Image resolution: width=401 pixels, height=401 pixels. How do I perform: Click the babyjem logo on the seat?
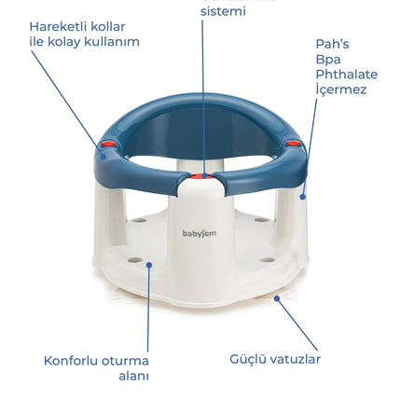tap(200, 234)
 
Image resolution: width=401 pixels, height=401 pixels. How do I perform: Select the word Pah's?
tap(332, 44)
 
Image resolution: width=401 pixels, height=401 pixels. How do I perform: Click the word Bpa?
tap(328, 60)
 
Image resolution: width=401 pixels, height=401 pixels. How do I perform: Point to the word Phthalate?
tap(347, 75)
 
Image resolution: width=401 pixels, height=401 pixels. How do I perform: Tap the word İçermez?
tap(341, 90)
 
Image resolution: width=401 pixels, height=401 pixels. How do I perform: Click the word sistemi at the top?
tap(223, 11)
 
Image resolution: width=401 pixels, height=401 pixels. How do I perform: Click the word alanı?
tap(133, 376)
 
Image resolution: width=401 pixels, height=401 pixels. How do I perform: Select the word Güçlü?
tap(248, 359)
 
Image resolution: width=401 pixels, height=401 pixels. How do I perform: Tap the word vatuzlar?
tap(295, 359)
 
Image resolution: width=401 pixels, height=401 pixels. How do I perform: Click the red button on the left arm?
tap(107, 145)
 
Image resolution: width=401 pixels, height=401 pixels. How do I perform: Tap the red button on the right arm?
tap(293, 144)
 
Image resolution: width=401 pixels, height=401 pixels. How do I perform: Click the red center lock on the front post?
tap(201, 176)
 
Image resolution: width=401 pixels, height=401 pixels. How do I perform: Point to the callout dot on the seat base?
tap(149, 265)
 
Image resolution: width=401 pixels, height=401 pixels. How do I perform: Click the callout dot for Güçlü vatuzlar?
tap(277, 298)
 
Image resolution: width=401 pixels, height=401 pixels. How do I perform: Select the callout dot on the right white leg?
tap(303, 197)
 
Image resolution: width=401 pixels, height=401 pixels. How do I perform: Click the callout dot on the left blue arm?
tap(104, 157)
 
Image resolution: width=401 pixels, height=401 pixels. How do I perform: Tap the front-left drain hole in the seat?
tap(135, 259)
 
